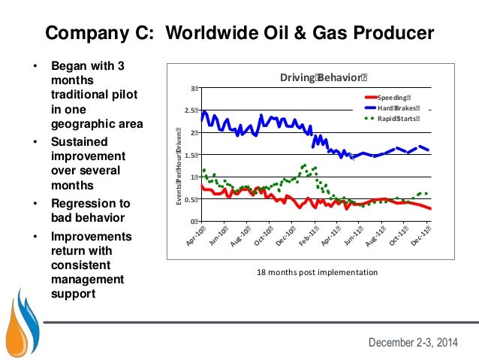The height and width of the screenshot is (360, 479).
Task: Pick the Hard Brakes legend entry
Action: (x=399, y=107)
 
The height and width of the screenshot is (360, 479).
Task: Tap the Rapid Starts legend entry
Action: (x=399, y=118)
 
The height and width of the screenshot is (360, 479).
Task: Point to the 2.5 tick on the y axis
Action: (x=191, y=111)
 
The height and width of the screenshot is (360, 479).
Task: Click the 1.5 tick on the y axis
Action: (x=191, y=156)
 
